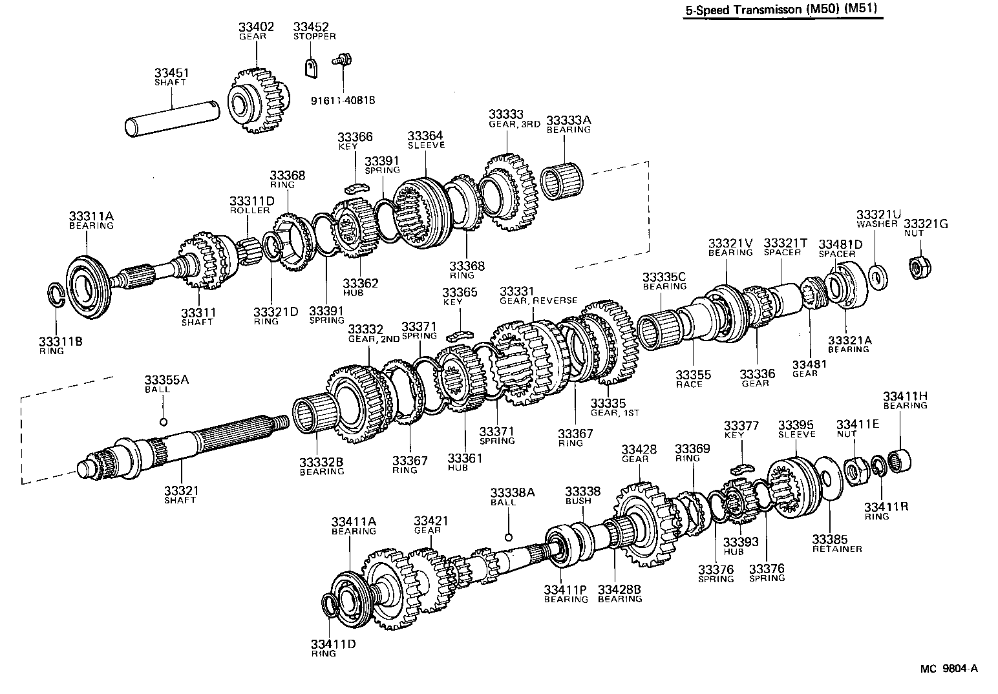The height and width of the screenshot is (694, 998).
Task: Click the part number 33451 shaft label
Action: point(171,73)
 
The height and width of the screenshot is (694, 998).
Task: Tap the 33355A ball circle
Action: point(164,422)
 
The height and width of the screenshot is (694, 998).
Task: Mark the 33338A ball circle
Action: point(509,536)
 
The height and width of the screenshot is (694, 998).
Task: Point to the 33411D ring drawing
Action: point(330,607)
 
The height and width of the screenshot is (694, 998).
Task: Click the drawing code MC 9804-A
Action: point(949,669)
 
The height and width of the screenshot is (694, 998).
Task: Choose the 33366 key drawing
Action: point(355,188)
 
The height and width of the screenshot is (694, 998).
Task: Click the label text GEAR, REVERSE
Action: point(538,300)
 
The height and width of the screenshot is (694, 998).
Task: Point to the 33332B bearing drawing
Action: point(315,415)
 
